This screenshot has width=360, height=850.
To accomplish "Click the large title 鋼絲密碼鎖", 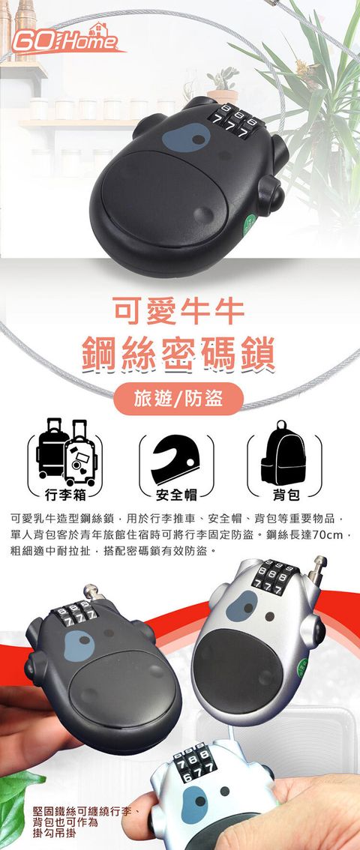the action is pos(179,353).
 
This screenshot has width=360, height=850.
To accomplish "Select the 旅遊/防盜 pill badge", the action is pos(179,398).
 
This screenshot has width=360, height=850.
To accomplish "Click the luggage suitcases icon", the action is pos(66,451).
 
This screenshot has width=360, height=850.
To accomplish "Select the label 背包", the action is pos(284,494).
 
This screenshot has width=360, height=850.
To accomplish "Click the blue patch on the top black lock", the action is pos(186,138).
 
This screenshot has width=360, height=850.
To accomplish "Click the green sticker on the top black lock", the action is pos(249,223).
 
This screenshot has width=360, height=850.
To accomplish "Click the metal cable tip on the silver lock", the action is pos(319,567).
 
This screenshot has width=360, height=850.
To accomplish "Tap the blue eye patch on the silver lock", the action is pos(241,606).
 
